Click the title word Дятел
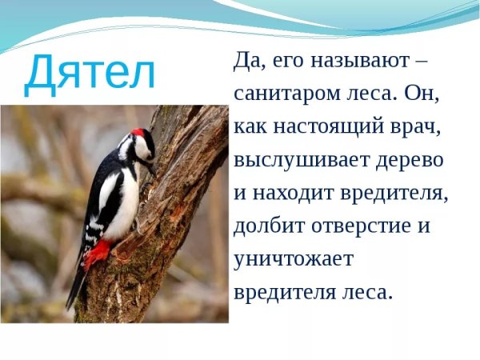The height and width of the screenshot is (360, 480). (90, 73)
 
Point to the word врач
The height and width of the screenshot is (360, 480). (414, 126)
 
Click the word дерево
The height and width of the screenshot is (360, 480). (409, 160)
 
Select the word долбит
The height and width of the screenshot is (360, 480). (263, 226)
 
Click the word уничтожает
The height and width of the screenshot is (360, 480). (294, 260)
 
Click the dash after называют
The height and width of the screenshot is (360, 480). (422, 61)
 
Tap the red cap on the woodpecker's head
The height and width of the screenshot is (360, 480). (140, 132)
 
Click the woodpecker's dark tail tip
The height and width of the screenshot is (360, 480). (73, 296)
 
